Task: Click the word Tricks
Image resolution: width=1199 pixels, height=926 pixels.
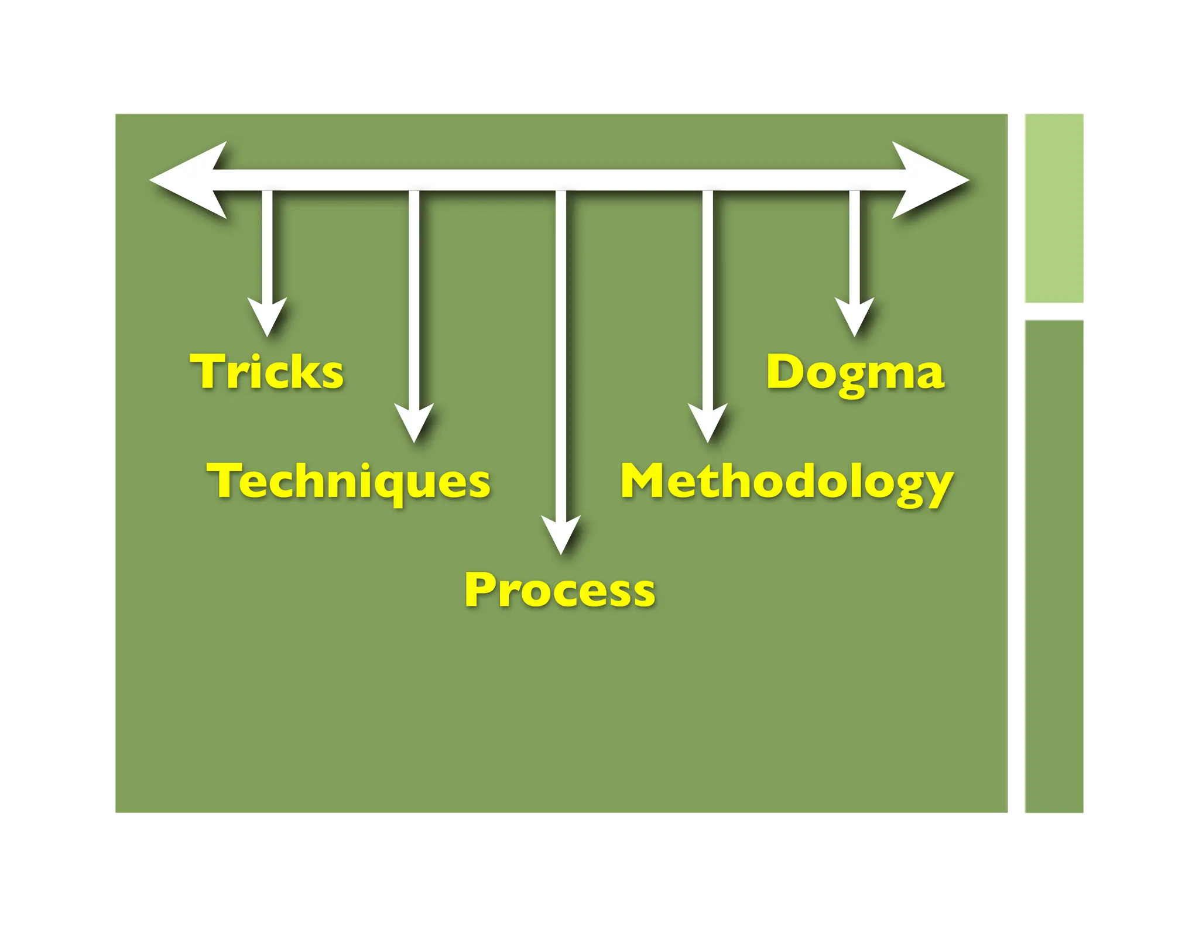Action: [x=267, y=372]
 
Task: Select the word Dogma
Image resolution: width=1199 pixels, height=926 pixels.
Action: [x=855, y=373]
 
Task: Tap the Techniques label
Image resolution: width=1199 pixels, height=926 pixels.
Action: [x=348, y=481]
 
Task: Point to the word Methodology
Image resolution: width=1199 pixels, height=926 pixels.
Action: [x=786, y=482]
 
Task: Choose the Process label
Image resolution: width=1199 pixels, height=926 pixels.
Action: [x=560, y=589]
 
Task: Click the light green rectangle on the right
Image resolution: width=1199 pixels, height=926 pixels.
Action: [x=1054, y=208]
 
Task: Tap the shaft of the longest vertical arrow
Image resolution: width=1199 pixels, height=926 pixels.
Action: [x=561, y=351]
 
